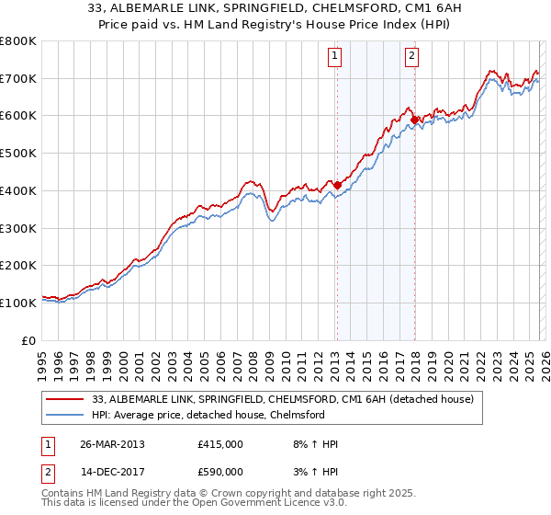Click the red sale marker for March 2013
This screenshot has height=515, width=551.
[x=337, y=184]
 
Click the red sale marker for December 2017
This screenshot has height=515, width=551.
[x=414, y=119]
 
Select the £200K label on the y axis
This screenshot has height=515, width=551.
[x=18, y=265]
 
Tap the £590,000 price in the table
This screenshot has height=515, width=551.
[x=219, y=472]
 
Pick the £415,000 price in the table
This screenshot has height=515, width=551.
[x=219, y=444]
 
